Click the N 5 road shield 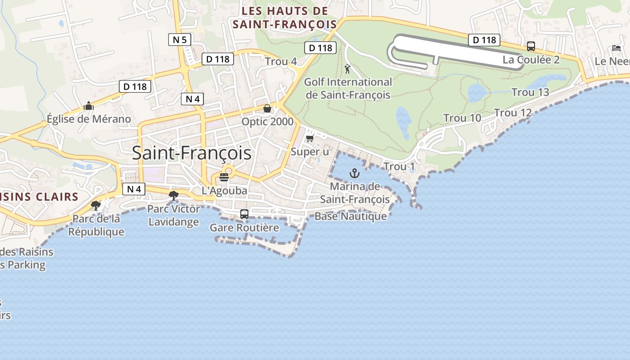pyautogui.click(x=180, y=40)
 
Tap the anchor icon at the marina pyautogui.click(x=355, y=173)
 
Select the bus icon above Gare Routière pyautogui.click(x=244, y=214)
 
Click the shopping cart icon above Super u pyautogui.click(x=310, y=138)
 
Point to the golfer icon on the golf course pyautogui.click(x=347, y=69)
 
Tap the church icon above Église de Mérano pyautogui.click(x=89, y=106)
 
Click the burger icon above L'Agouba pyautogui.click(x=224, y=177)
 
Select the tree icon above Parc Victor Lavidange pyautogui.click(x=173, y=196)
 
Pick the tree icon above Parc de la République pyautogui.click(x=95, y=206)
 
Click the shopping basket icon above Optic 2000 pyautogui.click(x=267, y=108)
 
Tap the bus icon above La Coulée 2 pyautogui.click(x=531, y=46)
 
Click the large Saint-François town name pyautogui.click(x=192, y=153)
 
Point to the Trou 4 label pyautogui.click(x=281, y=61)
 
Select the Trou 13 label pyautogui.click(x=530, y=92)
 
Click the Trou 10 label pyautogui.click(x=462, y=118)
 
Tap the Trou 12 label pyautogui.click(x=513, y=113)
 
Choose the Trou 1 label pyautogui.click(x=399, y=166)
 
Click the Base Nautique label pyautogui.click(x=351, y=216)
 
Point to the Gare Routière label pyautogui.click(x=244, y=228)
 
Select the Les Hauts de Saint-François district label pyautogui.click(x=284, y=18)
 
